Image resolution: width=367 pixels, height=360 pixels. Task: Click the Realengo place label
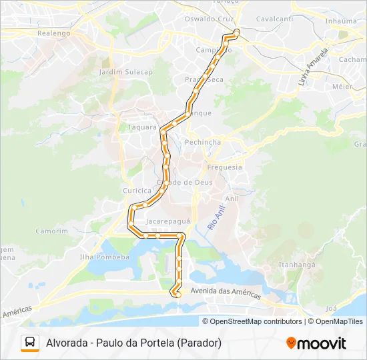pos(54,33)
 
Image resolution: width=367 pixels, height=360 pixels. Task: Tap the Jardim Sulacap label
pos(125,71)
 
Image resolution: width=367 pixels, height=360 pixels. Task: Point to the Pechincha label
pos(202,142)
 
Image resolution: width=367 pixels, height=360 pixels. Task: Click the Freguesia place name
pos(225,167)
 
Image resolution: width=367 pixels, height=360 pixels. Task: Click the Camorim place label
pos(52,231)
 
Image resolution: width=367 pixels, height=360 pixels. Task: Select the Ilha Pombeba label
pos(104,257)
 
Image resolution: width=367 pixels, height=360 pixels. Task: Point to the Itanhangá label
pos(297,264)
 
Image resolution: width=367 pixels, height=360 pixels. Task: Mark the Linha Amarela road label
pos(314,67)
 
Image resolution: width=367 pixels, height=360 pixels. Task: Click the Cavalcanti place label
pos(274,19)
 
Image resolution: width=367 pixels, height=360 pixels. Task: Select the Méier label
pos(342,86)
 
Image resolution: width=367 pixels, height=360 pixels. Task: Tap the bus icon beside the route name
pos(30,343)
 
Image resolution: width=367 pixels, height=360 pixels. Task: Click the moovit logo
pos(316,343)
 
